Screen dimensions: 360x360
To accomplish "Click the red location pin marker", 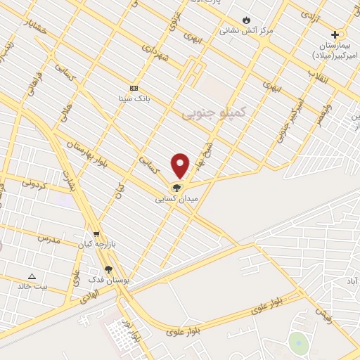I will coord(180,166).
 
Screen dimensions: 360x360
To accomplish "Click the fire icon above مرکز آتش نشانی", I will coord(246,19).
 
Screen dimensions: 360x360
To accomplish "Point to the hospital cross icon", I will coord(335,34).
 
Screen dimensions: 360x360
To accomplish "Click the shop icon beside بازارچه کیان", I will coord(96,234).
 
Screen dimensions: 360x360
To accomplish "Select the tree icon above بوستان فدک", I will coord(108,269).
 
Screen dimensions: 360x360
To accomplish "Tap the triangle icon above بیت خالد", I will coord(32,276).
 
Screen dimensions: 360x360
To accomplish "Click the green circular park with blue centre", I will coord(298,342).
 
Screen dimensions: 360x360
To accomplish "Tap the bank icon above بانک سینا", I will coord(134,88).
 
